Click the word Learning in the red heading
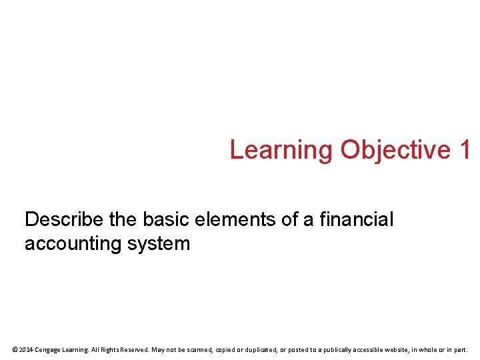click(x=280, y=150)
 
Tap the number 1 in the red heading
click(x=465, y=150)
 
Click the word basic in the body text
click(x=169, y=219)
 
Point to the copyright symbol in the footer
click(x=15, y=349)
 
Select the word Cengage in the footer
click(x=50, y=349)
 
